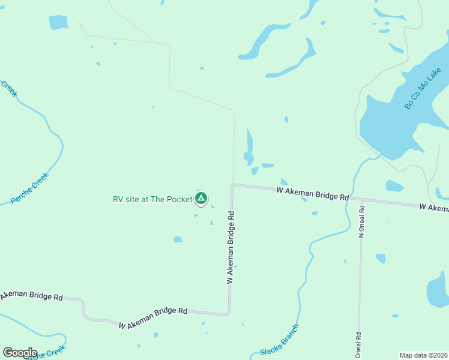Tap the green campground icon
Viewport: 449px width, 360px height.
point(201,198)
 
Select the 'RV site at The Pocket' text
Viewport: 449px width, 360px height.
point(152,199)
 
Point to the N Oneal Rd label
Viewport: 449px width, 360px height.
point(361,222)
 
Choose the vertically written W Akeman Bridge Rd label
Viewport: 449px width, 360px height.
point(230,247)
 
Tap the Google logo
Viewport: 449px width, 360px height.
point(20,353)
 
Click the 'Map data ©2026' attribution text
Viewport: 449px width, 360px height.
point(423,355)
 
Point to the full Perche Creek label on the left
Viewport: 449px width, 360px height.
point(29,187)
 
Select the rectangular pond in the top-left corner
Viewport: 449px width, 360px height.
point(58,22)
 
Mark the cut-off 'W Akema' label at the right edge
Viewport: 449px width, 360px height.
point(434,207)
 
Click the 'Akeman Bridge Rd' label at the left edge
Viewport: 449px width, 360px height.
point(31,296)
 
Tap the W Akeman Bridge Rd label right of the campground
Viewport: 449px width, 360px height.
point(312,193)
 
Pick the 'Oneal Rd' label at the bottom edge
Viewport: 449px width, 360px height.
point(358,345)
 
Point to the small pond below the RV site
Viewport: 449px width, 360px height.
point(178,239)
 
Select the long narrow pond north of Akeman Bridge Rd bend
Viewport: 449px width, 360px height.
point(249,146)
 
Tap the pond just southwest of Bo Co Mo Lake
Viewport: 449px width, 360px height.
point(394,186)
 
